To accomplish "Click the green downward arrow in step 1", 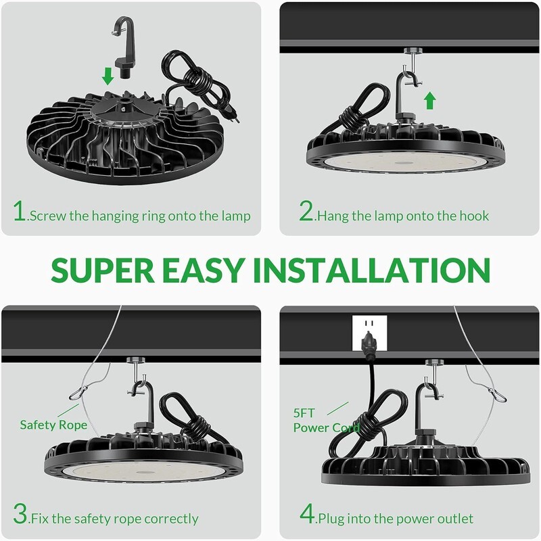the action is coord(108,76).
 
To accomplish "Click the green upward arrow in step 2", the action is coord(429,100).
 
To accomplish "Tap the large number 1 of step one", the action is coord(20,210).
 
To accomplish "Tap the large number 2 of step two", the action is coord(306,210).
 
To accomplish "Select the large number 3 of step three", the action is coord(20,514).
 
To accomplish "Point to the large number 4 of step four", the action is coord(307,514).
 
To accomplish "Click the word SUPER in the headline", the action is coord(103,270).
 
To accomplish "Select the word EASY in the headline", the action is coord(204,270).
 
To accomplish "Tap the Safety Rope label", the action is coord(53,425).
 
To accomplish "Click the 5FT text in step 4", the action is coord(304,413).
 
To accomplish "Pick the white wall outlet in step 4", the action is coord(369,333).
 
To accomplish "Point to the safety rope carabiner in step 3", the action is coord(78,393).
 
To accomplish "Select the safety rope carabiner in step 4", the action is coord(497,395).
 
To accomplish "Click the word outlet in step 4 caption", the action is coord(457,519).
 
